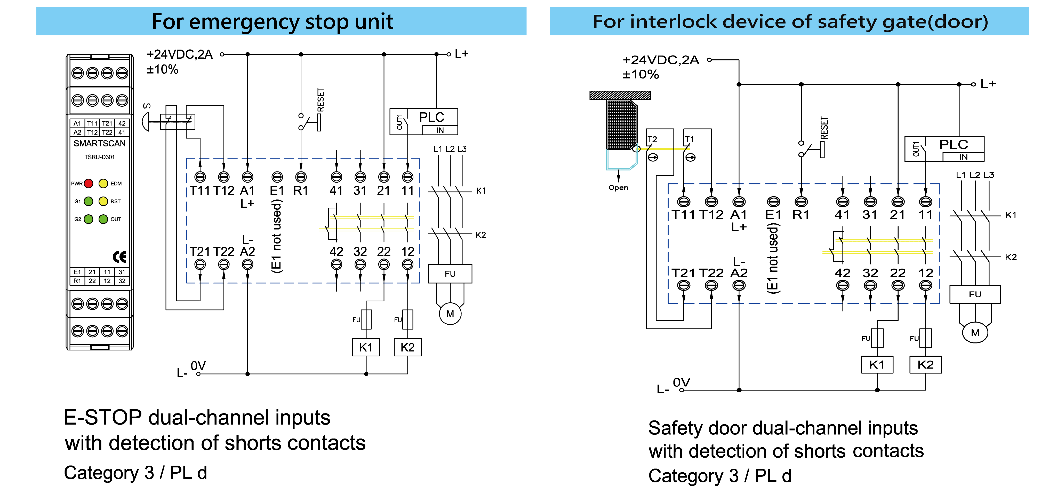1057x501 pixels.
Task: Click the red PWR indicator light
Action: (x=88, y=184)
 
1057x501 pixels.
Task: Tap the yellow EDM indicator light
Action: (x=103, y=184)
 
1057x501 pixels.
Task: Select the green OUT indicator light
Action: (x=103, y=219)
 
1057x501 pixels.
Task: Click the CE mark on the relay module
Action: (x=119, y=257)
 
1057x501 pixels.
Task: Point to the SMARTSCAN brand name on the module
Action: (x=99, y=143)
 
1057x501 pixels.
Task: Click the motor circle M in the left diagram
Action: (x=450, y=314)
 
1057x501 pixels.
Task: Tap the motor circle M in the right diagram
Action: (x=975, y=333)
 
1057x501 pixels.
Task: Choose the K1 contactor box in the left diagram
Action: (x=366, y=347)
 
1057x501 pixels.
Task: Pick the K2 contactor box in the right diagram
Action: (x=925, y=365)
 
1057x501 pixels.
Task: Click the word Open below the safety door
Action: (x=618, y=188)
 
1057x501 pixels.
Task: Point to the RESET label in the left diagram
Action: (x=321, y=100)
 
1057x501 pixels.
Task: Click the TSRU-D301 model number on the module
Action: (x=99, y=157)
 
